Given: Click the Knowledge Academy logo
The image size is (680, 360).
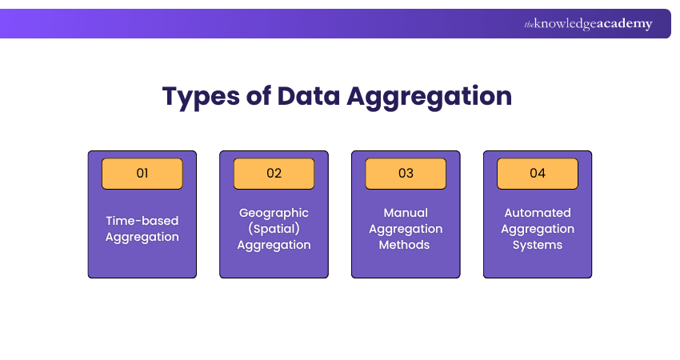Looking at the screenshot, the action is (588, 23).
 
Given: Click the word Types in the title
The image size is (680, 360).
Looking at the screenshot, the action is (201, 97).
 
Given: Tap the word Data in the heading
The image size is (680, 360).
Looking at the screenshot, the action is (308, 95).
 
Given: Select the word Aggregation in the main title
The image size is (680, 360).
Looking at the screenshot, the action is (430, 97).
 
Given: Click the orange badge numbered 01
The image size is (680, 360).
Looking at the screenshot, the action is (142, 174).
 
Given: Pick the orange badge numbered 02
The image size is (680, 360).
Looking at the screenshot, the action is (274, 174).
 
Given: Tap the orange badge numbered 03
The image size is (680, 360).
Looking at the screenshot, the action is (406, 174).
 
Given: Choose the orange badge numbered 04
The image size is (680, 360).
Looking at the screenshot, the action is (538, 174).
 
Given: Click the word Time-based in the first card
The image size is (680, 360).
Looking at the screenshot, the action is (142, 221).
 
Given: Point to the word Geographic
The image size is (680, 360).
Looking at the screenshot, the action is (274, 214).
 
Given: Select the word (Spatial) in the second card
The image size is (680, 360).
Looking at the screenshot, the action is (274, 229).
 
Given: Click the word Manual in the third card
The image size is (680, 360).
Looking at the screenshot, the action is (406, 213).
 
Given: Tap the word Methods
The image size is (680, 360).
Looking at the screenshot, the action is (404, 245).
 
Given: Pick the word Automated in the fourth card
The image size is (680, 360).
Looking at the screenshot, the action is (538, 213).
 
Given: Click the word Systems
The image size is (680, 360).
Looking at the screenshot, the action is (538, 246).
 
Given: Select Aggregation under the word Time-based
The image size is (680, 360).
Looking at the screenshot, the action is (142, 238).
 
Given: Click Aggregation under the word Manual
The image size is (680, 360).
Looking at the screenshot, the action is (406, 230).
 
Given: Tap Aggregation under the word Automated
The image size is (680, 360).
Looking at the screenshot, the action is (538, 230).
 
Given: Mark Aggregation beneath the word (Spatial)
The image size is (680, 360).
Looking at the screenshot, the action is (274, 246).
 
